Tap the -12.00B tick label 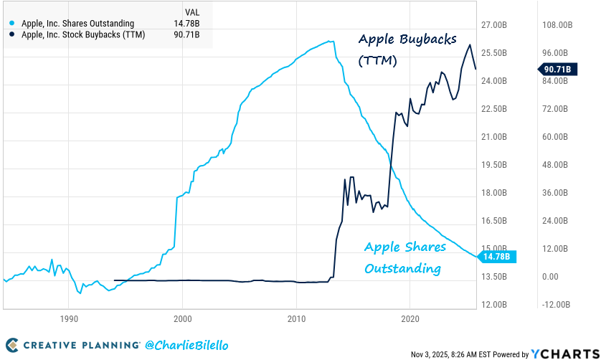tap(557, 304)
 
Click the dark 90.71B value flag tap(557, 69)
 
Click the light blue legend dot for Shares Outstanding tap(13, 24)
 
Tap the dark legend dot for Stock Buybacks tap(13, 34)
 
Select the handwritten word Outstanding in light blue tap(402, 269)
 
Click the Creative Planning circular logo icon tap(12, 345)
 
